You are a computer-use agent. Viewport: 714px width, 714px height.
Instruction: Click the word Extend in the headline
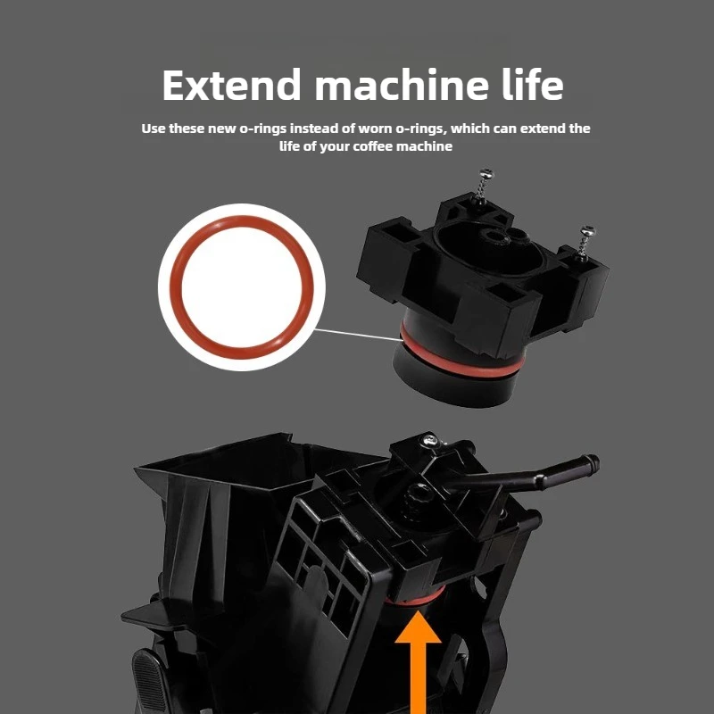coord(232,85)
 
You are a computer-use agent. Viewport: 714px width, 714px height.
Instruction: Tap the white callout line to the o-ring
coord(359,334)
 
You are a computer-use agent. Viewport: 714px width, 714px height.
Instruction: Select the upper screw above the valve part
coord(483,184)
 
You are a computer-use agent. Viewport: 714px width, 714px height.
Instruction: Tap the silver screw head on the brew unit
coord(429,439)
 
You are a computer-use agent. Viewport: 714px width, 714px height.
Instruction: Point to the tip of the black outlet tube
coord(594,463)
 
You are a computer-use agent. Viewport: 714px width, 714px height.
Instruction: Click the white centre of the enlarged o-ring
coord(242,287)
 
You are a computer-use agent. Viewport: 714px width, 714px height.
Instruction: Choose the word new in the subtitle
coord(222,129)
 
